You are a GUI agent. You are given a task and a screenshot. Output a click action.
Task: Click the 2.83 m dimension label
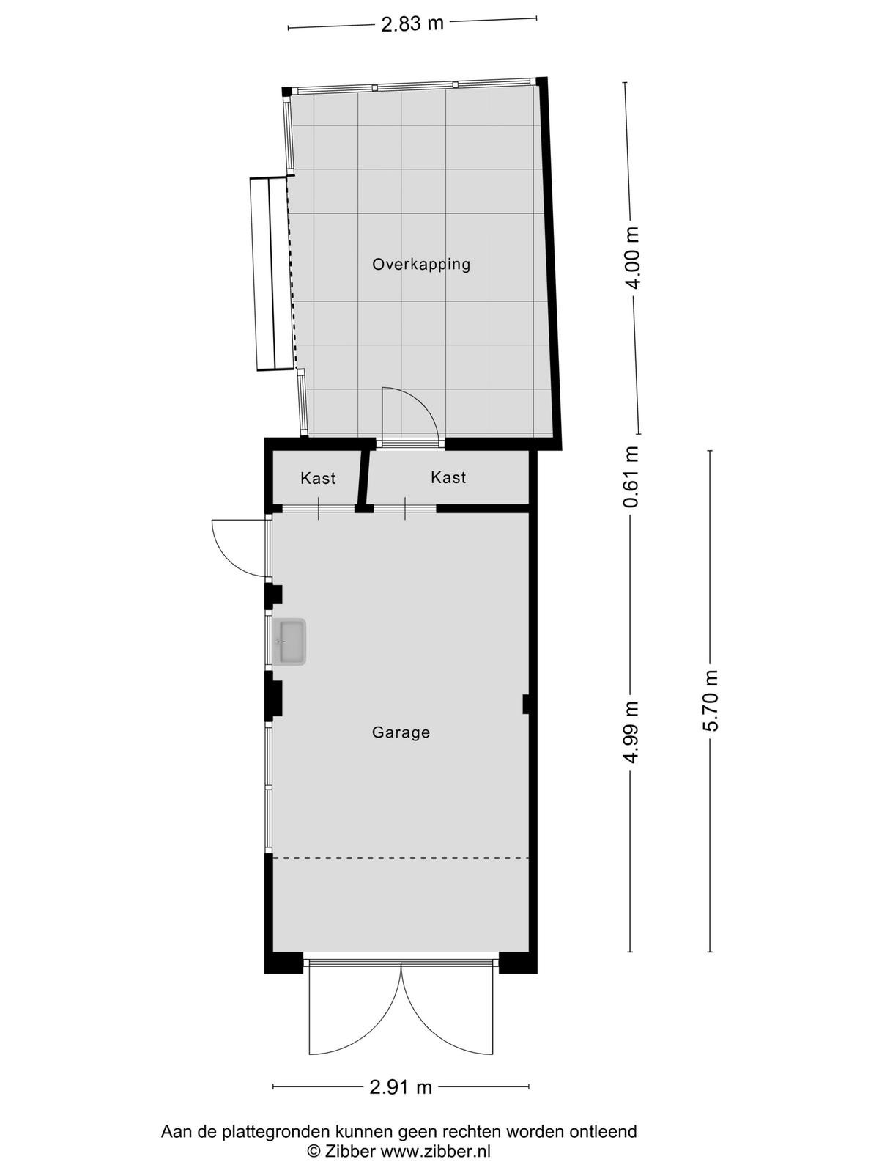click(412, 23)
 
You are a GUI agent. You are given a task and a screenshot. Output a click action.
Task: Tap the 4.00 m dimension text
click(634, 258)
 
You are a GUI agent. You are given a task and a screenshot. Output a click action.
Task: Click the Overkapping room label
click(421, 265)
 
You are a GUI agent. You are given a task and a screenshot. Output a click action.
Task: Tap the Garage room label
click(401, 732)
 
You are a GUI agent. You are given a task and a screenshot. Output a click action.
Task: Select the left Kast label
click(318, 478)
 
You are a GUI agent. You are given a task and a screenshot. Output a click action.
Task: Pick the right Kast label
click(448, 477)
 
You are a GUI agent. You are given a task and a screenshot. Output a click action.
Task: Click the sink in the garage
click(290, 641)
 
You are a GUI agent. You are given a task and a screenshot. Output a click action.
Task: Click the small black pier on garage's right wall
click(525, 704)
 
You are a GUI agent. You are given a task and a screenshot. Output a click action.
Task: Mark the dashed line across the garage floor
click(401, 858)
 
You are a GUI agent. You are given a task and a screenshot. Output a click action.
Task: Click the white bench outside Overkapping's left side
click(272, 273)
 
